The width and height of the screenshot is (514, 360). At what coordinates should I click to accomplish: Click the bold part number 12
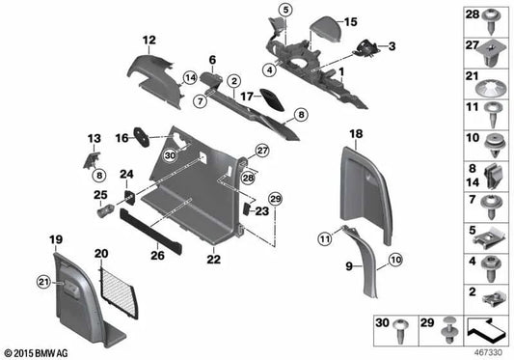tap(149, 40)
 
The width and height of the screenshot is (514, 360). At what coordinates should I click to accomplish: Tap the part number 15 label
tap(323, 22)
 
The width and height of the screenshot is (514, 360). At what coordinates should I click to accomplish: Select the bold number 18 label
tap(355, 133)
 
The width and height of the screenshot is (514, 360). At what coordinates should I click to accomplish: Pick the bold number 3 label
tap(392, 45)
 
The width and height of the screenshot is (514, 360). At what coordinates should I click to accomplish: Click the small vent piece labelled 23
tap(245, 208)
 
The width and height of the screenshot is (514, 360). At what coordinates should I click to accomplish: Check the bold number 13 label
tap(95, 139)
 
